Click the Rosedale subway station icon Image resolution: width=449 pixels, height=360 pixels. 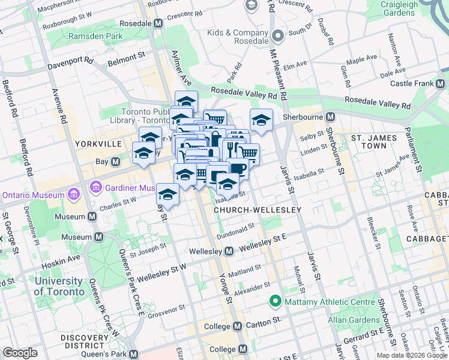[x=158, y=23]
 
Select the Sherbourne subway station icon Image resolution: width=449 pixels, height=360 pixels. [x=329, y=116]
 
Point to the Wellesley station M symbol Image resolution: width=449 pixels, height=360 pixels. [x=229, y=251]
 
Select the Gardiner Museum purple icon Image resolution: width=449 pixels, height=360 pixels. [x=95, y=188]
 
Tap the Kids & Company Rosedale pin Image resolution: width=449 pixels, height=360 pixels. [x=277, y=35]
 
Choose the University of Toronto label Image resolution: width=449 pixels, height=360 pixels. [x=59, y=286]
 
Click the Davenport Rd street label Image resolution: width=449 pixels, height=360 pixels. [x=71, y=61]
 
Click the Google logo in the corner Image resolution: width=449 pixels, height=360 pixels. [x=20, y=353]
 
